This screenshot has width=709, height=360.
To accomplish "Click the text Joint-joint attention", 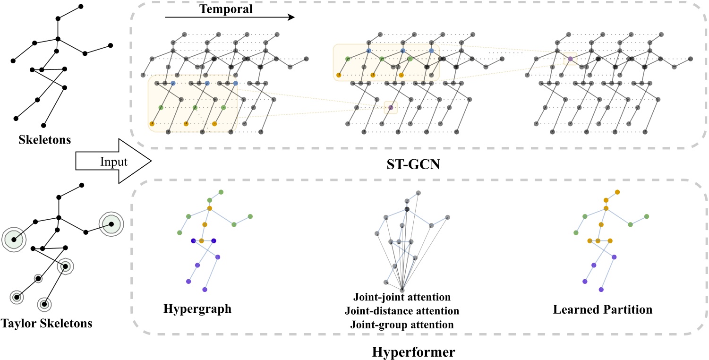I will [x=401, y=298].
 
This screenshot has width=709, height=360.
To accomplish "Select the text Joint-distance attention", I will [x=401, y=311].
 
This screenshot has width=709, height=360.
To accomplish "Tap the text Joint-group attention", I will [x=401, y=325].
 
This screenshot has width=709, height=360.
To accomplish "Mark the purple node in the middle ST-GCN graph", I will [x=391, y=108].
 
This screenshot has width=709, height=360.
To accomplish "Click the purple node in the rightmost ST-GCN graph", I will [x=570, y=59].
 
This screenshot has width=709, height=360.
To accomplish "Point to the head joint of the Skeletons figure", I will [x=81, y=6].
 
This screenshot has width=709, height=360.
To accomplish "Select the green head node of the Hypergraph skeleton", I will [x=221, y=192].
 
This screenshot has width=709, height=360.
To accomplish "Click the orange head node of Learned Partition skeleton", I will [x=617, y=192].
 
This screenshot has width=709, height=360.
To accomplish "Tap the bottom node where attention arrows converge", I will [x=402, y=290].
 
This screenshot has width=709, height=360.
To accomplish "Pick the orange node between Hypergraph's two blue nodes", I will [x=202, y=241].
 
